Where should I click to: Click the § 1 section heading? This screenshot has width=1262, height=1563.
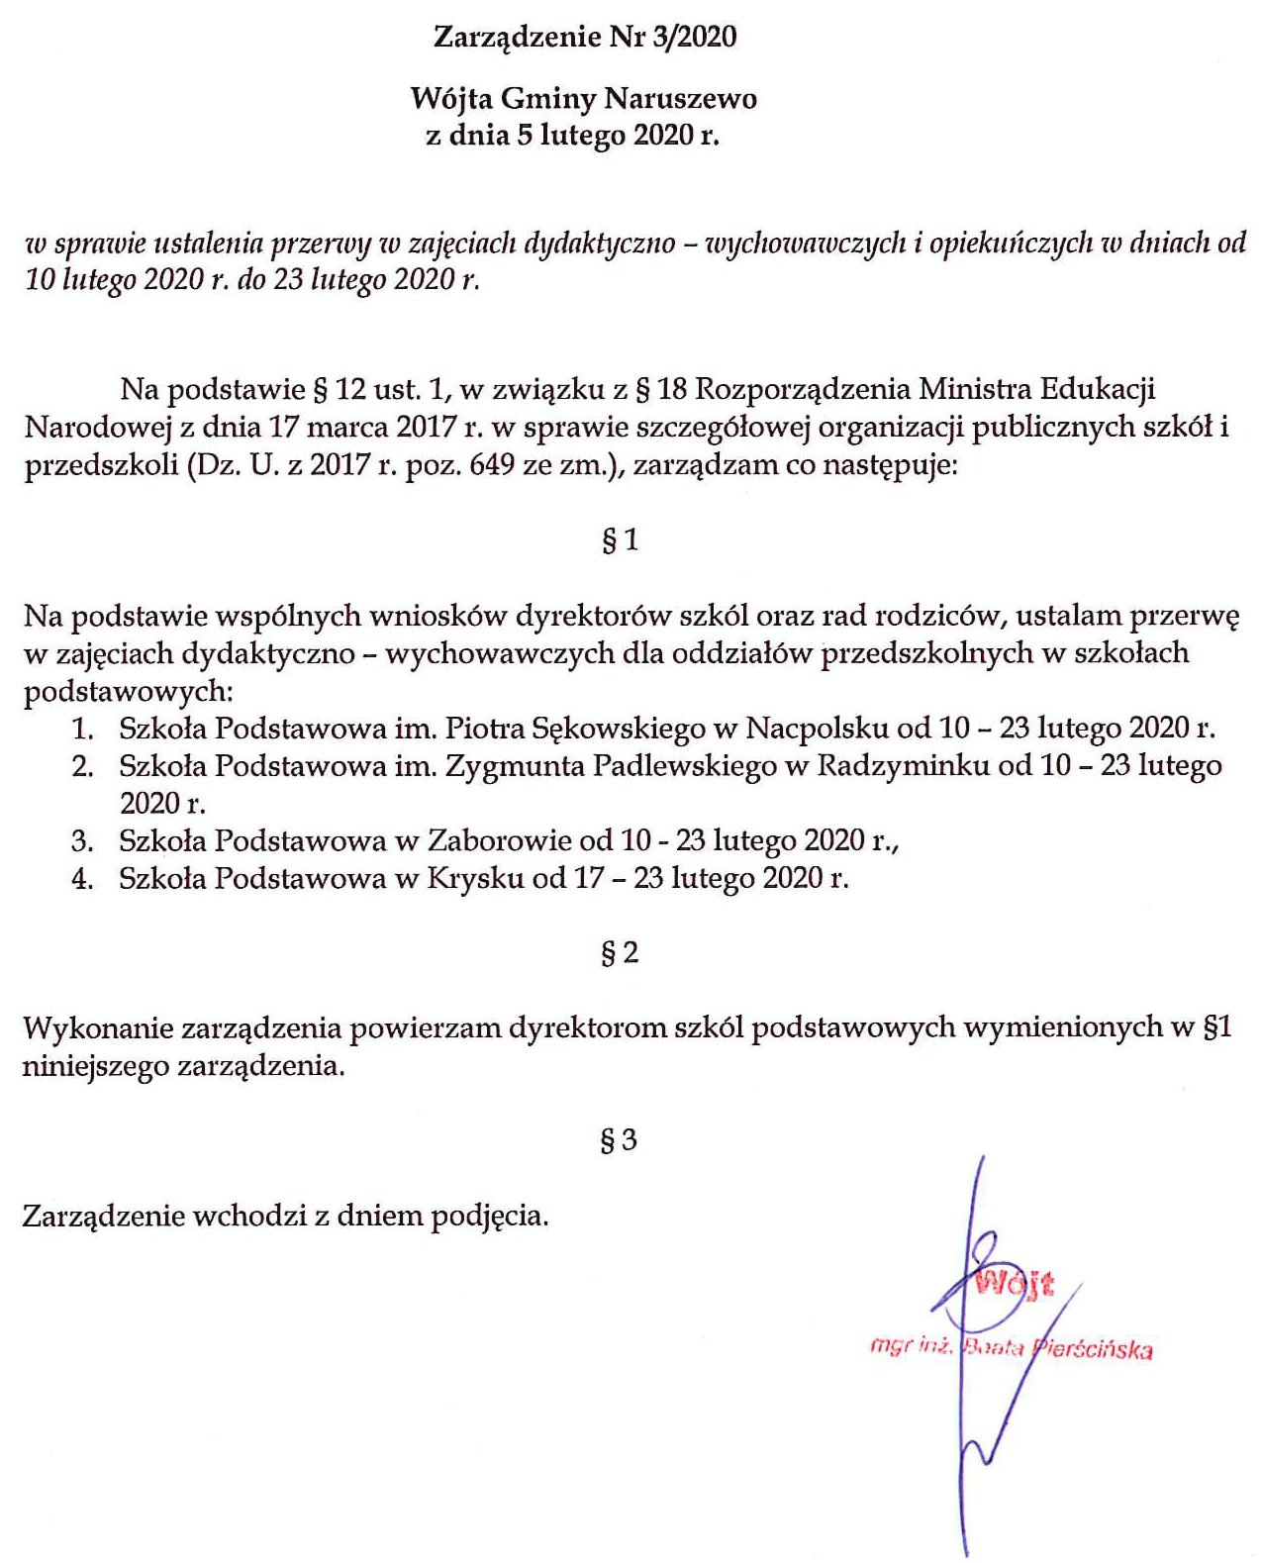pos(620,539)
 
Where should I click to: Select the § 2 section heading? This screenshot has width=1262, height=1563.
pos(620,952)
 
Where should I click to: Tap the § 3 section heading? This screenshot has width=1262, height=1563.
pos(619,1139)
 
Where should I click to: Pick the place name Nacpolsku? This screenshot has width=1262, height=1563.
pos(817,729)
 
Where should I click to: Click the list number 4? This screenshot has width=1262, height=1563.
pos(82,878)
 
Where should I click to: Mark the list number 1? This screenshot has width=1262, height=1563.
pos(82,730)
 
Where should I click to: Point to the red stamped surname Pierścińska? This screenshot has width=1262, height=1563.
pos(1093,1348)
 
